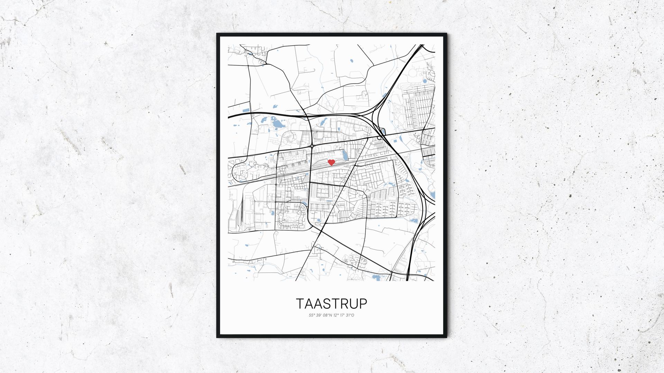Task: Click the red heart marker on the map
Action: coord(331,162)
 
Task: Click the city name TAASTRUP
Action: coord(332,304)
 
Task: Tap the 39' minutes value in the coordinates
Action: coord(319,315)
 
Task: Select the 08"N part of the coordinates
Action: coord(327,315)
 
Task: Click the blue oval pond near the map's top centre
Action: coord(351,61)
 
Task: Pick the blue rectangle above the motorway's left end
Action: coord(246,111)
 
